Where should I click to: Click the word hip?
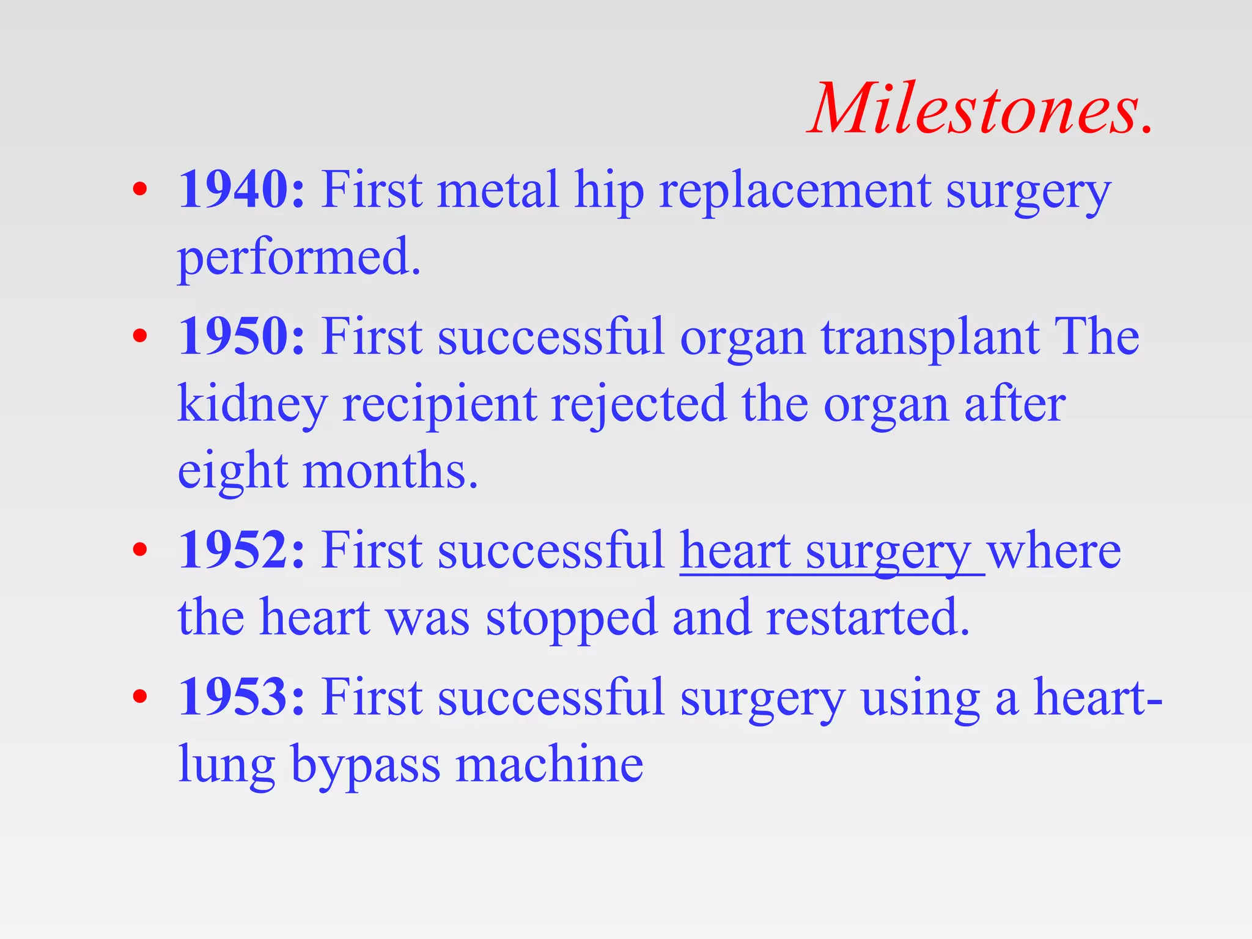[609, 191]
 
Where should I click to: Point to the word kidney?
[252, 405]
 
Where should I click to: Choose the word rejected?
[639, 405]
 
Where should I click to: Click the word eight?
[232, 473]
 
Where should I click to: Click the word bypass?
[365, 765]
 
